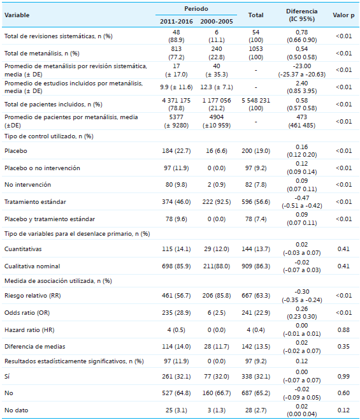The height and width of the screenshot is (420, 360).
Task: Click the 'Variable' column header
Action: (17, 15)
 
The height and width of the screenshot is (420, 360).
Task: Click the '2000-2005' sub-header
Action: (215, 22)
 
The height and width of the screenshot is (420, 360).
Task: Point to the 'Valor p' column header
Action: (343, 15)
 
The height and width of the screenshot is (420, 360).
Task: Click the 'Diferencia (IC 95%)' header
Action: (303, 15)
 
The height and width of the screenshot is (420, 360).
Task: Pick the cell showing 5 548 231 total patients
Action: (256, 103)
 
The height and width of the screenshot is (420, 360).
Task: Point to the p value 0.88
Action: (343, 329)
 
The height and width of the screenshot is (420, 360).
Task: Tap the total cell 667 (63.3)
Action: (256, 296)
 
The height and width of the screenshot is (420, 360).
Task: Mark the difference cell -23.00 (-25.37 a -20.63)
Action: (303, 70)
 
